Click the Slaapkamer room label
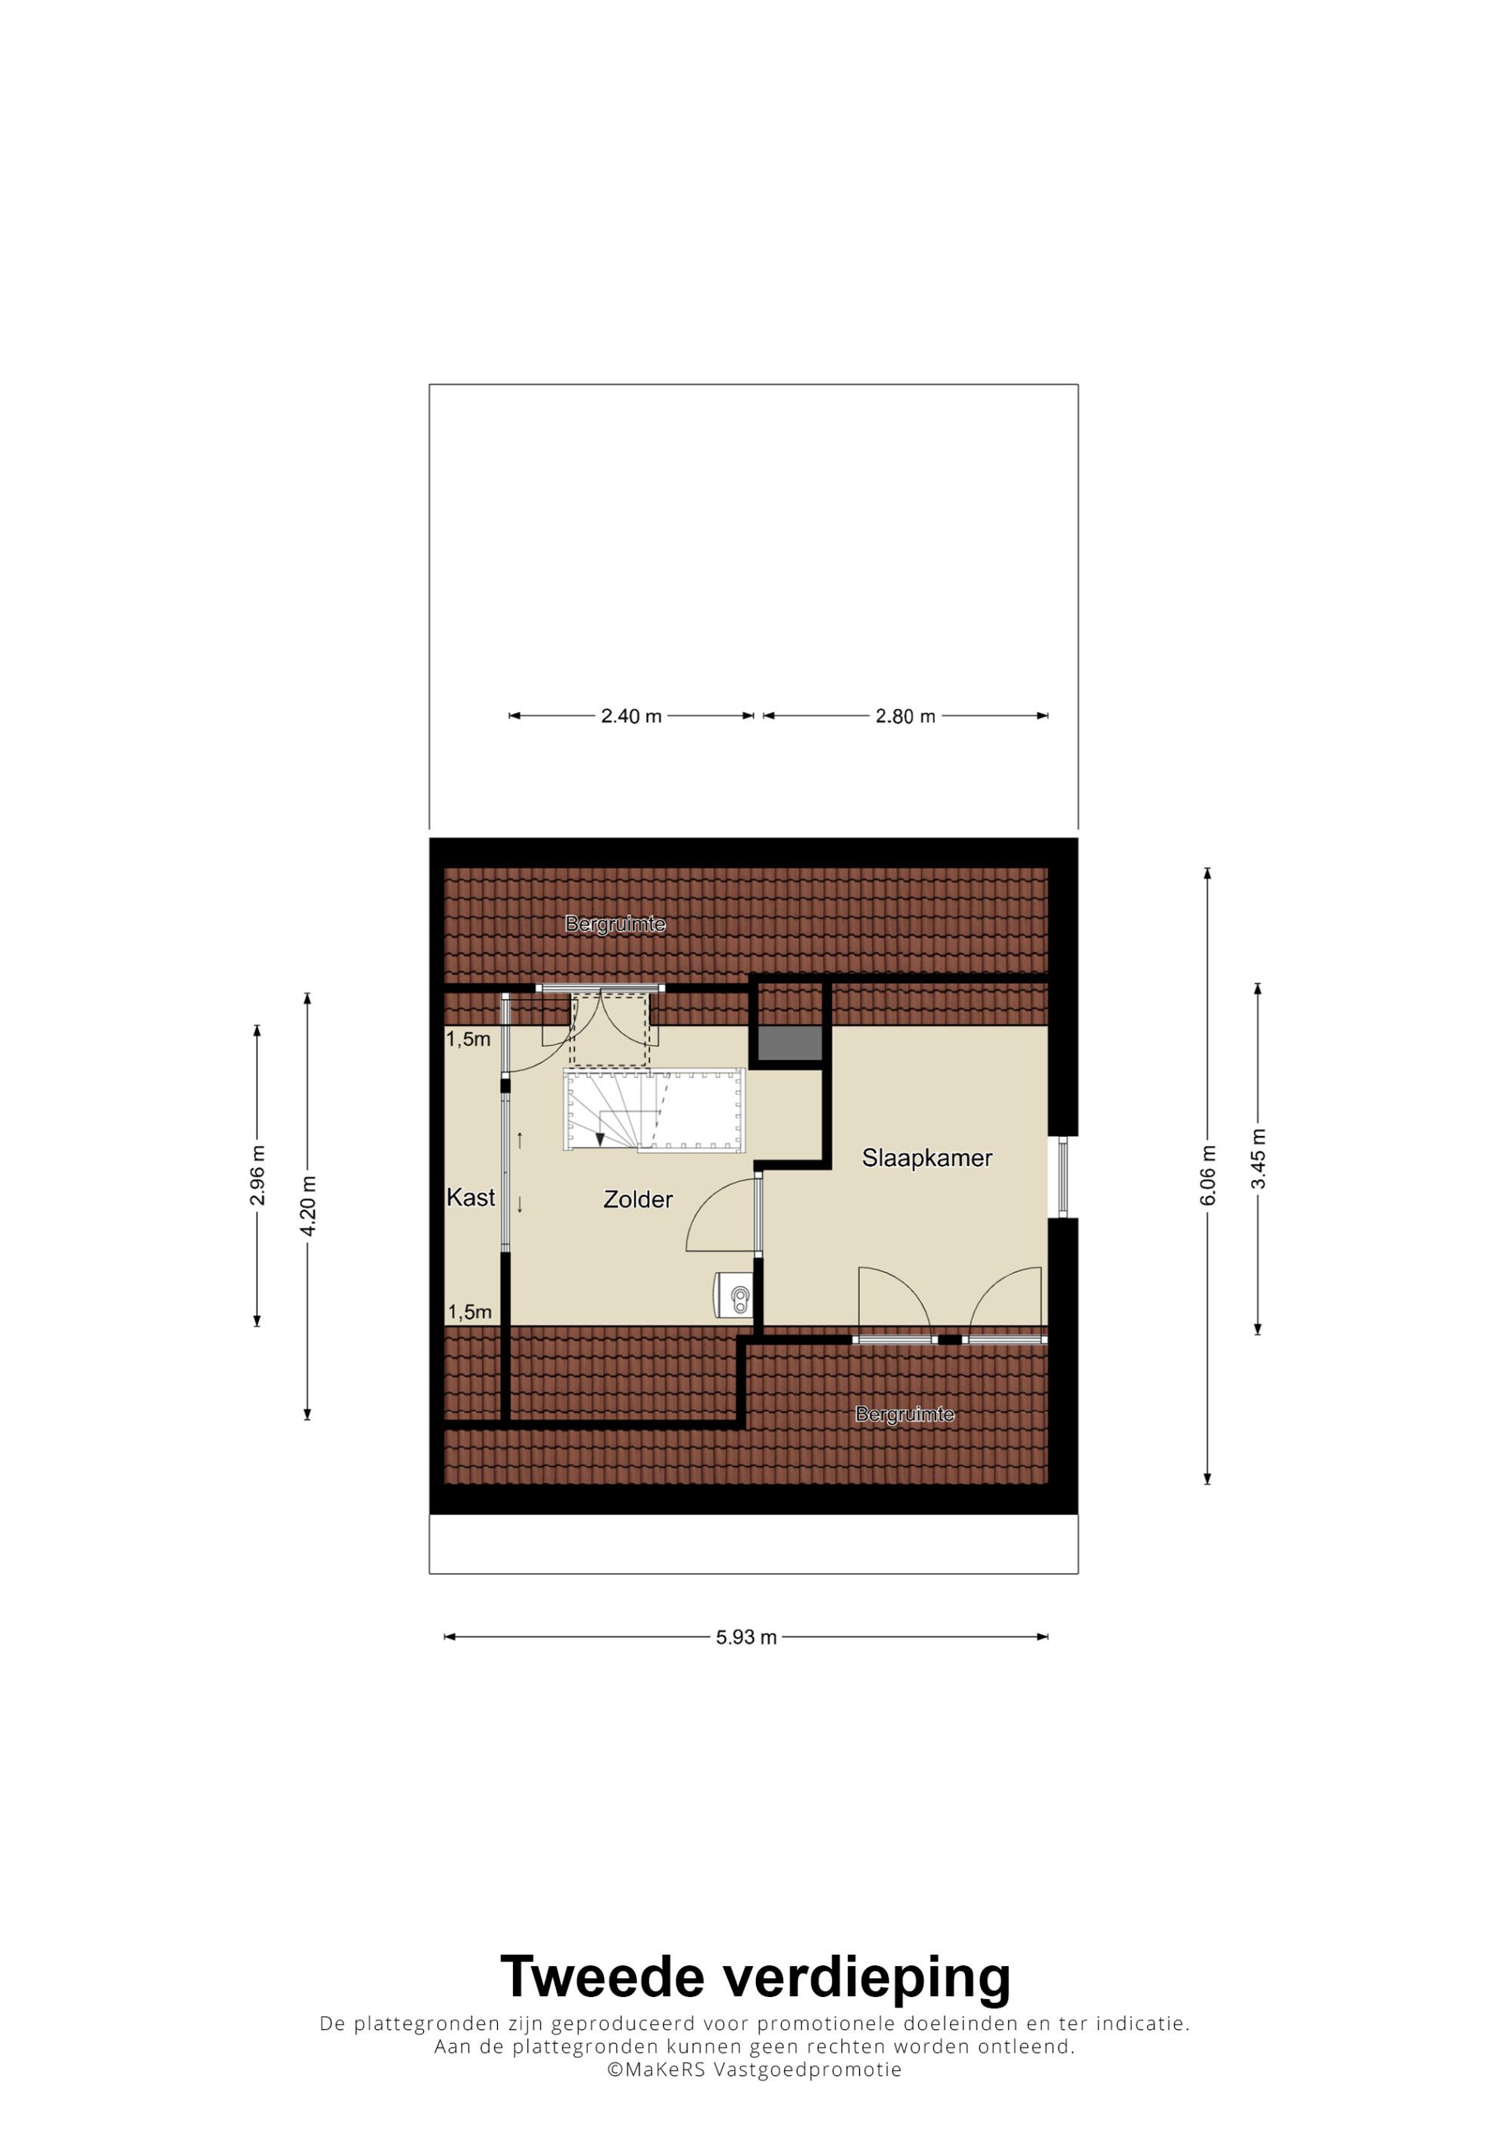click(927, 1158)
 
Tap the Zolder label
click(638, 1200)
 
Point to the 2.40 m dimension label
click(632, 716)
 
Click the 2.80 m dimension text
click(905, 716)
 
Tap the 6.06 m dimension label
click(1208, 1175)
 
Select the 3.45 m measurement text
click(1258, 1159)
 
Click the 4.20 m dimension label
click(308, 1205)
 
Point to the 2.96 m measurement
click(257, 1175)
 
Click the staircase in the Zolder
click(653, 1111)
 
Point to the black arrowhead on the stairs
click(601, 1139)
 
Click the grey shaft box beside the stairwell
click(790, 1043)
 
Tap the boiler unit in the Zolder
click(733, 1295)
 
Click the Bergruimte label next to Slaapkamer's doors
click(905, 1415)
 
